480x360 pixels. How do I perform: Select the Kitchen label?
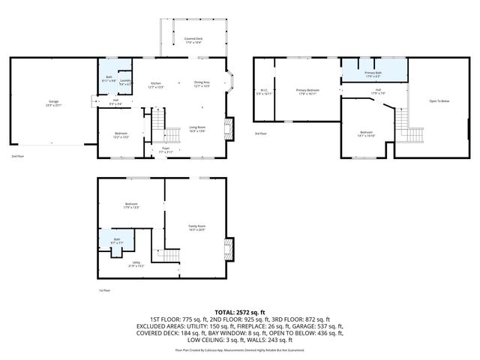(x=156, y=85)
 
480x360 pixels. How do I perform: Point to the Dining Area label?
(x=202, y=84)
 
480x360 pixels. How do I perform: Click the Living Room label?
(x=198, y=129)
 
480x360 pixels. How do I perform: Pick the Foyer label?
(x=166, y=150)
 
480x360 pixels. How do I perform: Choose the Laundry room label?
(x=125, y=82)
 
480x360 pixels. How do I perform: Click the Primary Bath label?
(x=373, y=74)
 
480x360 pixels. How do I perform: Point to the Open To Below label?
(x=439, y=101)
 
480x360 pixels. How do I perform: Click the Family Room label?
(x=196, y=228)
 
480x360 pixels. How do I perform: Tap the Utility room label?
(x=136, y=264)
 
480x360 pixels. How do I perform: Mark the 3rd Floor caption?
(x=260, y=133)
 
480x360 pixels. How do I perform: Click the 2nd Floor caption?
(x=17, y=157)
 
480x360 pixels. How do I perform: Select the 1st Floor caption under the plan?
(x=104, y=290)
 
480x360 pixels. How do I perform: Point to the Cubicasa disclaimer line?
(x=240, y=349)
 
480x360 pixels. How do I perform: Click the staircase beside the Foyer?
(x=173, y=136)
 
